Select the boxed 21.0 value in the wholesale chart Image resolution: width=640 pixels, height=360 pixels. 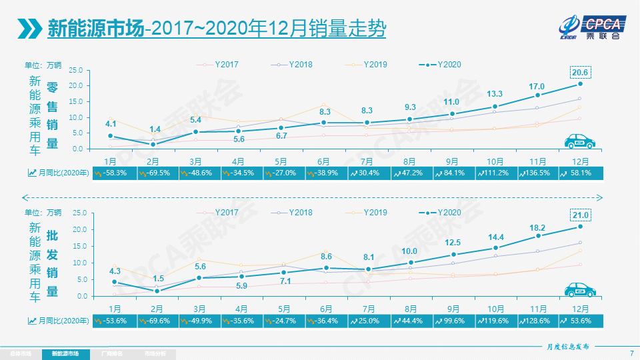[x=581, y=215]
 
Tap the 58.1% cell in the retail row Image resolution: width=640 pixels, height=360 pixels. [x=580, y=173]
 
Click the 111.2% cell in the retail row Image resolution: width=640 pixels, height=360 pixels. [x=495, y=173]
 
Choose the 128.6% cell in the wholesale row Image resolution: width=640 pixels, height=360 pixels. [x=537, y=321]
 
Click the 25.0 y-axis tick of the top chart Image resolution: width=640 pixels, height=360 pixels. [x=75, y=71]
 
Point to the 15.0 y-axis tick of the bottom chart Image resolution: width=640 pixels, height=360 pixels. [x=75, y=246]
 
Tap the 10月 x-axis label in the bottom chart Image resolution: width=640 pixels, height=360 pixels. [x=495, y=309]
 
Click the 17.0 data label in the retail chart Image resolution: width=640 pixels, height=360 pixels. [x=537, y=86]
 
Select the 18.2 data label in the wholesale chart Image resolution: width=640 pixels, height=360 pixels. [x=537, y=227]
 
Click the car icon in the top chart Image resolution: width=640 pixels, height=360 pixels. [x=580, y=141]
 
